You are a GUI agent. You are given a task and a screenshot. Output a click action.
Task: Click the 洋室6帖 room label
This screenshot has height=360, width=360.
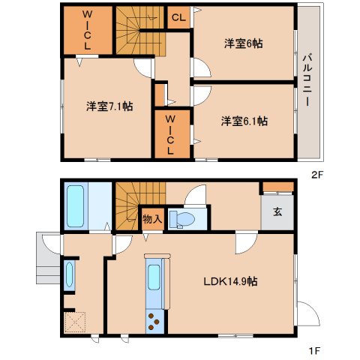(x=244, y=43)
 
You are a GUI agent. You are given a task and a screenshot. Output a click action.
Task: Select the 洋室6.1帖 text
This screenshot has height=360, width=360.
(x=244, y=121)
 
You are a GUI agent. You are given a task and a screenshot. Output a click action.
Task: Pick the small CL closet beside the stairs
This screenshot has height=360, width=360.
(x=178, y=17)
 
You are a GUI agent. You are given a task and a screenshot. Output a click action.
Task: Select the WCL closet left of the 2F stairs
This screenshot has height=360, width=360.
(x=88, y=30)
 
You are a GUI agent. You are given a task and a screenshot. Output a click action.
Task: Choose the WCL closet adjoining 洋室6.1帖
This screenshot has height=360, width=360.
(x=171, y=133)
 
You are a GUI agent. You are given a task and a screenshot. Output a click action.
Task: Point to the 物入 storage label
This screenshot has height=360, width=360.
(x=150, y=218)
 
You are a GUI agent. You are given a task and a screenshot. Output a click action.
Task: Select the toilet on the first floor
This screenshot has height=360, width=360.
(x=184, y=219)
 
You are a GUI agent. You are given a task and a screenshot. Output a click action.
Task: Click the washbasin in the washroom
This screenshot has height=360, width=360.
(x=70, y=275)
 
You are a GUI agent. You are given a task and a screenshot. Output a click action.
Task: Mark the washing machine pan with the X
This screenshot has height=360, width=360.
(x=75, y=323)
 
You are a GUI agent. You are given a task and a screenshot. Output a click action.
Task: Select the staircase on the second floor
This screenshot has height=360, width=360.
(x=139, y=30)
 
